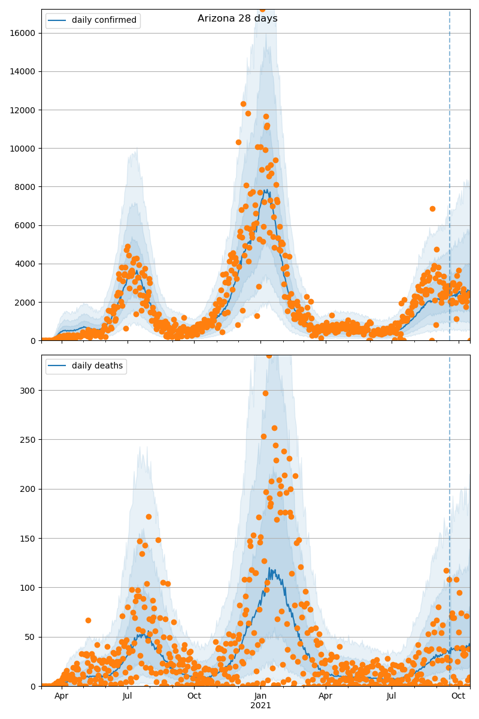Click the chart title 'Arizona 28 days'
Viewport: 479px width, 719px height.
238,19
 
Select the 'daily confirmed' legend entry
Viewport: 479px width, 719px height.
104,20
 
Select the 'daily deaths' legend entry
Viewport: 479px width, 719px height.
97,366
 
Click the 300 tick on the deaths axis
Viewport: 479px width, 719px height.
29,390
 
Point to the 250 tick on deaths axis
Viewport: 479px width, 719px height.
29,439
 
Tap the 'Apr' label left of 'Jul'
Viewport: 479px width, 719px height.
61,696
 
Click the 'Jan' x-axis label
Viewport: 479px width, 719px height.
260,696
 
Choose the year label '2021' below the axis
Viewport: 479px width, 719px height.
260,706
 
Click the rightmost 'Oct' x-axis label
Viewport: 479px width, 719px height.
458,696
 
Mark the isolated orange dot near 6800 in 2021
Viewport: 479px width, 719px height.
432,209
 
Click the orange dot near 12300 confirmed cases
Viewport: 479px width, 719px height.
243,104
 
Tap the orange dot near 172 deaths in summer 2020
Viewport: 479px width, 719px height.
148,516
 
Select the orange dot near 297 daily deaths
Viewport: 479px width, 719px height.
265,393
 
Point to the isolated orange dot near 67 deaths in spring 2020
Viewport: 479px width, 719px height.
88,620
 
